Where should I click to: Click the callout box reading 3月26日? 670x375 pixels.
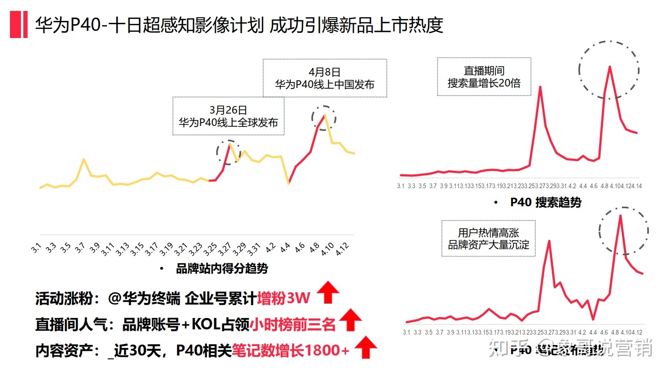click(x=228, y=116)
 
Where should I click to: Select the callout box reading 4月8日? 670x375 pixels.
click(x=325, y=78)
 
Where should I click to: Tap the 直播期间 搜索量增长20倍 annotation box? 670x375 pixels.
click(x=484, y=77)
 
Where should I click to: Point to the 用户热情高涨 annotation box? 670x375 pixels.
click(x=488, y=239)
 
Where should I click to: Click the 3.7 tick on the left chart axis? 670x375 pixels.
click(x=79, y=248)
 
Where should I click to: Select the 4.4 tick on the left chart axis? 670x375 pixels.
click(x=285, y=248)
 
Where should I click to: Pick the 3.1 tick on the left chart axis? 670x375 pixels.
click(x=36, y=248)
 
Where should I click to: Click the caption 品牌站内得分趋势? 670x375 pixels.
click(x=222, y=269)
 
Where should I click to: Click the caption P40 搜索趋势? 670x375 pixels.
click(x=545, y=202)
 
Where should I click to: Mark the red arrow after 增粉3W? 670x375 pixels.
click(x=328, y=292)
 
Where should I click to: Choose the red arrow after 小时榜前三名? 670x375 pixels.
click(x=350, y=319)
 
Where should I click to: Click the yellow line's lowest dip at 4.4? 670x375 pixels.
click(x=288, y=183)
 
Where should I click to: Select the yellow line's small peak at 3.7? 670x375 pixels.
click(x=84, y=159)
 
